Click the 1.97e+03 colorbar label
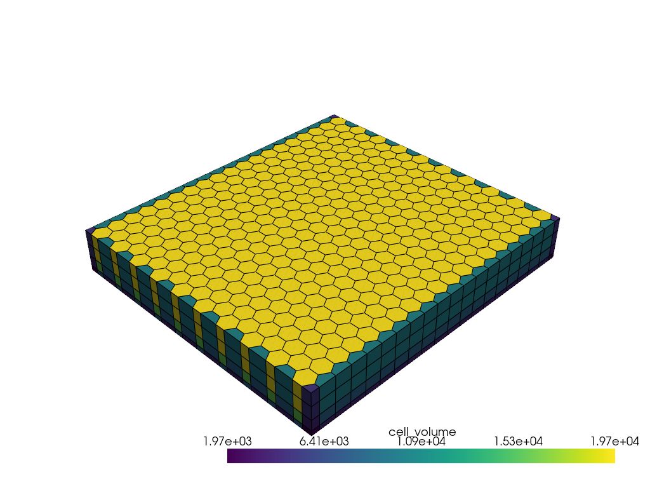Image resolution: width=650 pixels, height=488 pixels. coord(227,441)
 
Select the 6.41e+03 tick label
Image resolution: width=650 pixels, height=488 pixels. coord(324,441)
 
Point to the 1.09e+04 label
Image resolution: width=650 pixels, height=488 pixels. coord(421,441)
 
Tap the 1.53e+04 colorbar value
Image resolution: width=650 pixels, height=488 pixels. coord(518,441)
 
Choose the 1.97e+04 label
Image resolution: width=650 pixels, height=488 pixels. coord(614,441)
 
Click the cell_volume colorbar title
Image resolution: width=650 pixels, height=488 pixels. coord(422,432)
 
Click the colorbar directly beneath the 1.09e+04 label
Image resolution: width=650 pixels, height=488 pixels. coord(421,456)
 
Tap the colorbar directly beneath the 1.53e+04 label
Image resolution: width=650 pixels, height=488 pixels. coord(518,456)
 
